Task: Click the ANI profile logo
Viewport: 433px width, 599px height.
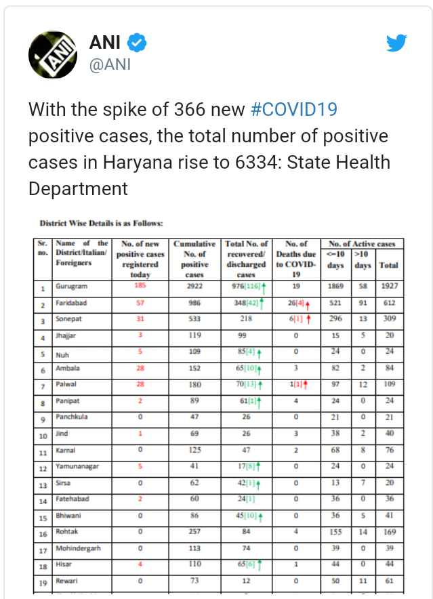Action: pos(52,54)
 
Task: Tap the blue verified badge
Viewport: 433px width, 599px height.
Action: pos(137,44)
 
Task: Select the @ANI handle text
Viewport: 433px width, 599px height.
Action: pos(110,65)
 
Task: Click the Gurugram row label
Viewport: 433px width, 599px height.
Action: pos(72,287)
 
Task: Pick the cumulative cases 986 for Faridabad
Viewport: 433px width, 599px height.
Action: pos(194,303)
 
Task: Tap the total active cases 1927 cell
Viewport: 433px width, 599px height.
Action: pos(388,287)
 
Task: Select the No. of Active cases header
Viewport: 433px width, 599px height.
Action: pos(362,244)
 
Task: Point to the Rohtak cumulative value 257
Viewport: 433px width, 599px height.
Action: pos(194,532)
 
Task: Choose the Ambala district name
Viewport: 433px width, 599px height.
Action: pos(68,369)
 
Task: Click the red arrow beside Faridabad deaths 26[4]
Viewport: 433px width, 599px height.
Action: pos(307,304)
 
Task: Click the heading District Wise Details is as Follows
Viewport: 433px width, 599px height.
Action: pos(101,222)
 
